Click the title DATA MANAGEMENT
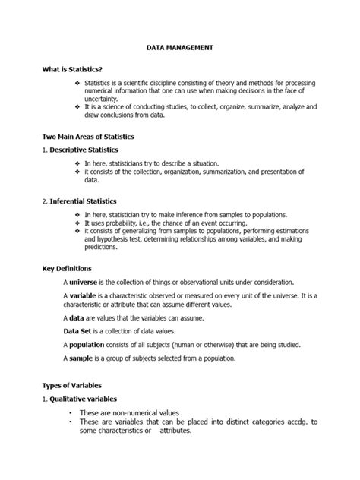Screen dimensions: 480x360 tap(180, 47)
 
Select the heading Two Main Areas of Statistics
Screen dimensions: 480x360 tap(88, 137)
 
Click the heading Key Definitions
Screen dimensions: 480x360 tap(67, 268)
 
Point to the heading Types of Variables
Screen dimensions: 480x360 tap(72, 386)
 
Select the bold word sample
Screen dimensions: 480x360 tap(84, 358)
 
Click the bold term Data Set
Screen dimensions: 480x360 tap(78, 330)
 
